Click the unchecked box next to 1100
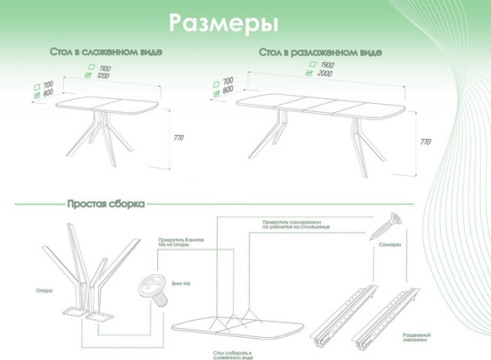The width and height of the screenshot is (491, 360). [x=92, y=66]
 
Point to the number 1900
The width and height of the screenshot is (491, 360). [x=329, y=64]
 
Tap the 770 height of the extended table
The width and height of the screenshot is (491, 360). [x=424, y=142]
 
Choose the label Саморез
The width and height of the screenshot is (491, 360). [x=390, y=245]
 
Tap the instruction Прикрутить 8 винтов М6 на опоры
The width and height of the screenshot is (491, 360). [x=174, y=248]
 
